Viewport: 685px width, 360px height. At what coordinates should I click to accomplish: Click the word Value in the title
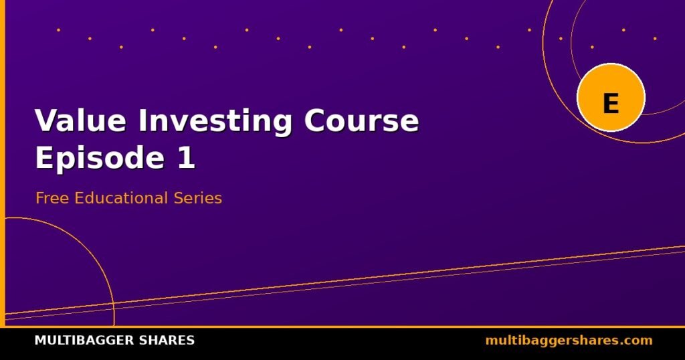[x=80, y=120]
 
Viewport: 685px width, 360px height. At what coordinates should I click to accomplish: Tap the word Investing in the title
[x=215, y=122]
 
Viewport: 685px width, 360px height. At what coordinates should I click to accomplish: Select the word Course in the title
[x=361, y=120]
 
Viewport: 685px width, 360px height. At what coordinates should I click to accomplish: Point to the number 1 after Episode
[x=186, y=157]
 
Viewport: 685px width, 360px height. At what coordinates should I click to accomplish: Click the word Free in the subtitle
[x=52, y=198]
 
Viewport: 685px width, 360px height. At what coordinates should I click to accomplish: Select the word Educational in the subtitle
[x=121, y=198]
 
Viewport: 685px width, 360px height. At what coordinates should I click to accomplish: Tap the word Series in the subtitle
[x=198, y=198]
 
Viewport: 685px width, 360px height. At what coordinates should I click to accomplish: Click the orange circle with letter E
[x=611, y=98]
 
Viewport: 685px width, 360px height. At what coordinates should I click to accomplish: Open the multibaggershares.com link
[x=569, y=341]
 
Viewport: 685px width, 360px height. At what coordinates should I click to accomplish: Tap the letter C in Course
[x=315, y=120]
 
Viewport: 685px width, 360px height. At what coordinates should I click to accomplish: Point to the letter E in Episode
[x=44, y=157]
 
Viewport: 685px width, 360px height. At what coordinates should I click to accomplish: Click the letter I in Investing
[x=144, y=120]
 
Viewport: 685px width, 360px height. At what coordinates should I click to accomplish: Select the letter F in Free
[x=40, y=198]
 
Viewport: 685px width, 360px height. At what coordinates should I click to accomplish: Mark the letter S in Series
[x=178, y=198]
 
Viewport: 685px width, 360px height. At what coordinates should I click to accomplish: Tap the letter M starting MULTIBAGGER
[x=39, y=341]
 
